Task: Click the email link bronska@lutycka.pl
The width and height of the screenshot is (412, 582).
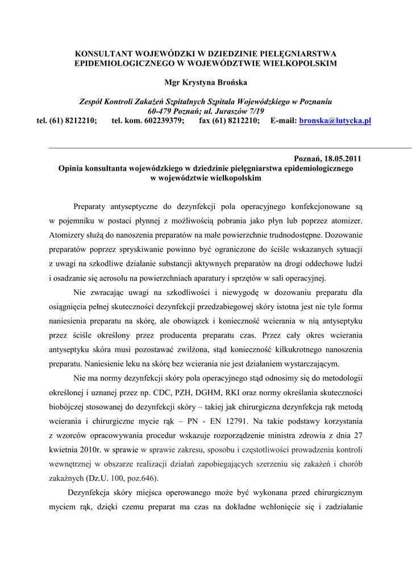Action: click(x=335, y=121)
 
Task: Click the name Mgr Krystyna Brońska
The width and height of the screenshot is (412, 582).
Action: click(x=206, y=82)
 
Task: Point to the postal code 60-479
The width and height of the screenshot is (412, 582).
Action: click(x=160, y=111)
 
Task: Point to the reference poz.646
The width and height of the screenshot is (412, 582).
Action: click(x=142, y=477)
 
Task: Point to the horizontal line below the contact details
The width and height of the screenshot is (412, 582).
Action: click(x=206, y=147)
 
